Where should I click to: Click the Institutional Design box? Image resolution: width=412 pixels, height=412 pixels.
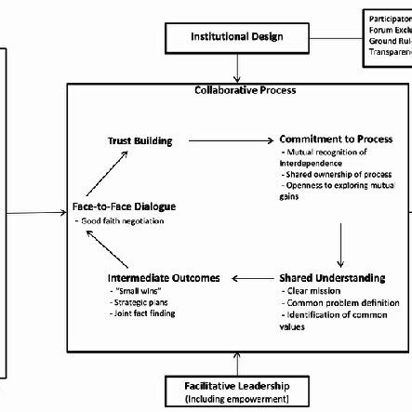pyautogui.click(x=236, y=37)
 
